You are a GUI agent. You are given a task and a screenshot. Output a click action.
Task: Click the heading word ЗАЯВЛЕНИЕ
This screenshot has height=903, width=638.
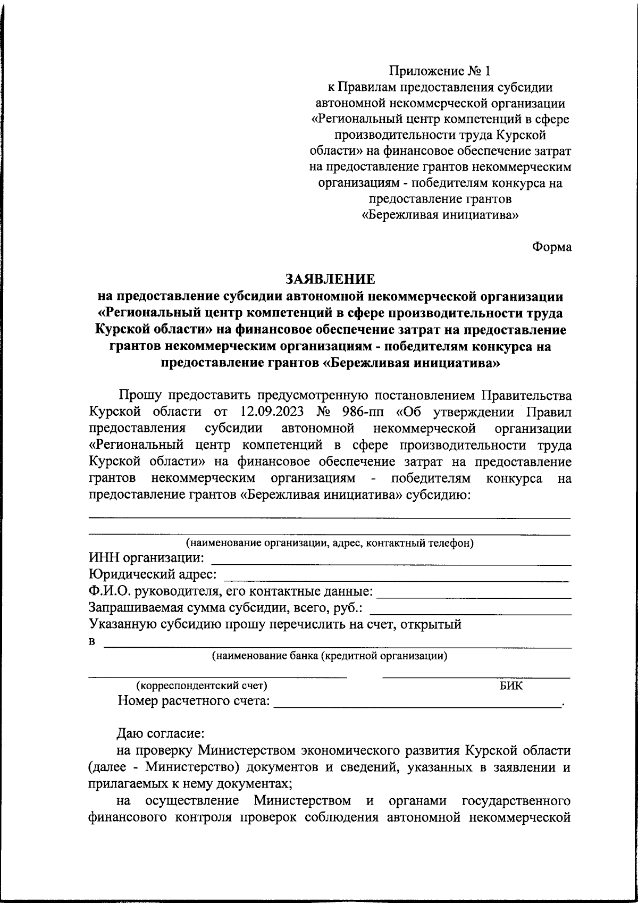coord(330,279)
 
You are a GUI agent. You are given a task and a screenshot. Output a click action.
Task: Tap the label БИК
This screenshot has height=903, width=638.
coord(511,686)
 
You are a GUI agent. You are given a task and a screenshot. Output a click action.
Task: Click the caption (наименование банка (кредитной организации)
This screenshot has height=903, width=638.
coord(330,656)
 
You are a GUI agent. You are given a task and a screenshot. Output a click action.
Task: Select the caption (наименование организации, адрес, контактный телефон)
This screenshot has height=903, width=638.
coord(330,544)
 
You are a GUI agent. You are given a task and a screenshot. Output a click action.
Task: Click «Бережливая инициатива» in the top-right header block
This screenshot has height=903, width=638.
coord(440,215)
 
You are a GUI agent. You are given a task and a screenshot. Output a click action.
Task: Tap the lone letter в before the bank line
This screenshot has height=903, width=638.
coord(91,641)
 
